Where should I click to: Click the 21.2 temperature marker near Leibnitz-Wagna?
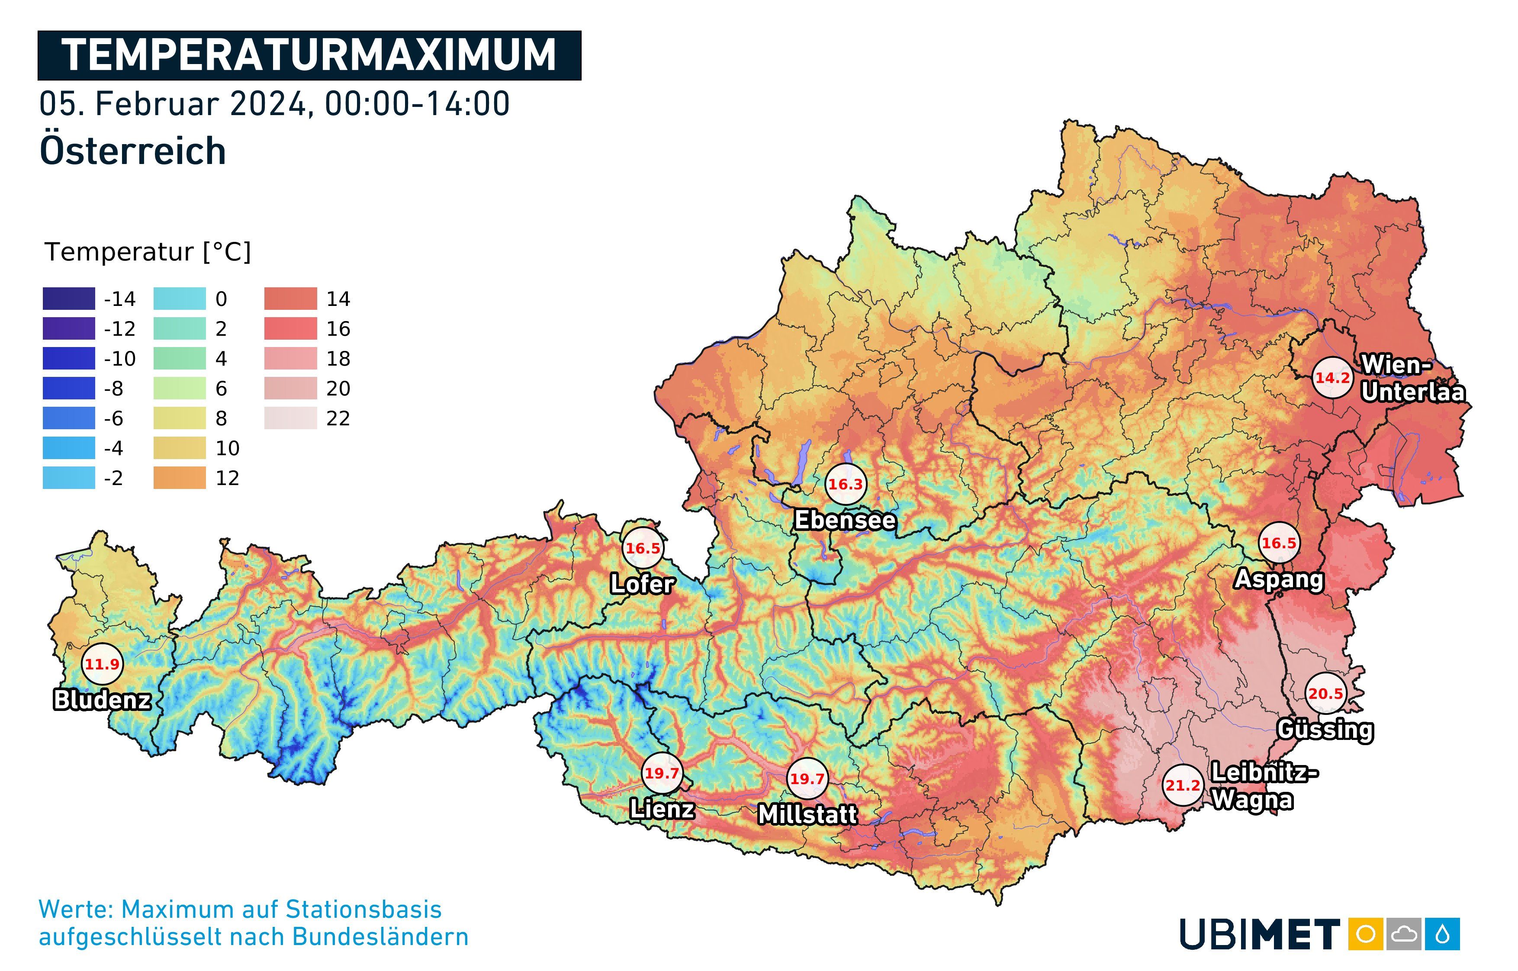coord(1182,785)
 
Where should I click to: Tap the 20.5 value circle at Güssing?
coord(1325,694)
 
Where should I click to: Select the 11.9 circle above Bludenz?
coord(102,664)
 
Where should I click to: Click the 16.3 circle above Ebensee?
coord(846,484)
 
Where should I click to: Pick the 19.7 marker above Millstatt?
coord(807,779)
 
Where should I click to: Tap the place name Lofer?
coord(642,584)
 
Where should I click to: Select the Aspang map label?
coord(1278,579)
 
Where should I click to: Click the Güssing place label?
coord(1325,730)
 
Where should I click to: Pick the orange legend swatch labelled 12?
coord(180,478)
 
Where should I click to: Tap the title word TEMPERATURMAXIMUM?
coord(309,55)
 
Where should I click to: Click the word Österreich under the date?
coord(132,151)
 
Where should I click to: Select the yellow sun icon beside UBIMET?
coord(1365,934)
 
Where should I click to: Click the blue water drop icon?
coord(1442,934)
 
